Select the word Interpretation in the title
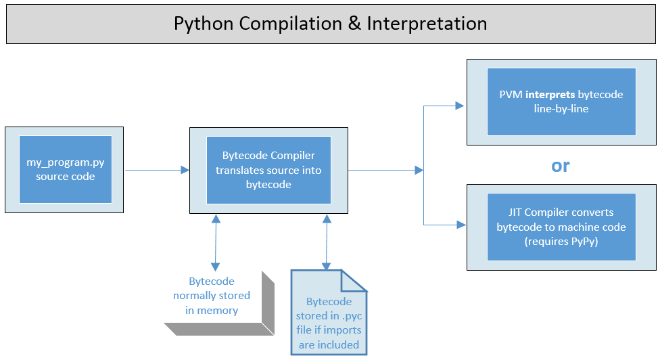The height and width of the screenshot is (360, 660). tap(427, 24)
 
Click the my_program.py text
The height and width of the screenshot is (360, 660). tap(66, 163)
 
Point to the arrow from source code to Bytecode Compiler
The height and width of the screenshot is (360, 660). tap(156, 170)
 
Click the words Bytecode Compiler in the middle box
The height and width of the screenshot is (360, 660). tap(268, 156)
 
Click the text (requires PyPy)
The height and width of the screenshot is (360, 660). tap(561, 241)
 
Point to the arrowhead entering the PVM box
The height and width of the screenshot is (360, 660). tap(460, 106)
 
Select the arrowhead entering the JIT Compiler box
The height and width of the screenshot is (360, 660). tap(460, 224)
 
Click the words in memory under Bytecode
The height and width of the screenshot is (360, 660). tap(212, 311)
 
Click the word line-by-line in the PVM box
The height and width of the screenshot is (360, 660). tap(561, 108)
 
